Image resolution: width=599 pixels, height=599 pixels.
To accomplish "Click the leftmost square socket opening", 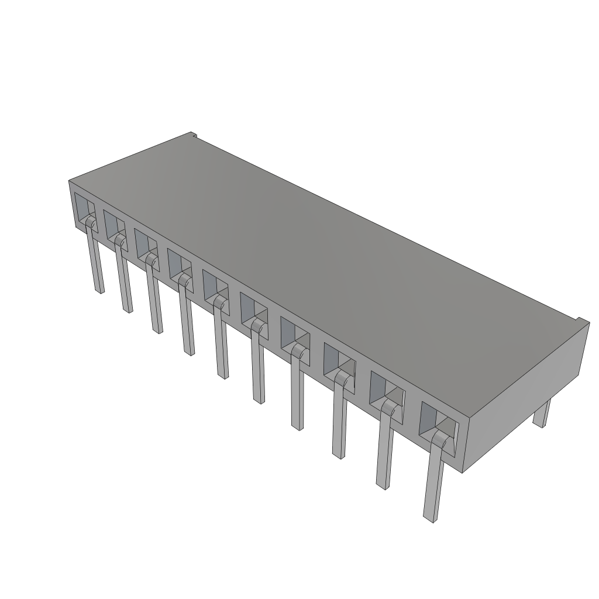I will pos(84,208).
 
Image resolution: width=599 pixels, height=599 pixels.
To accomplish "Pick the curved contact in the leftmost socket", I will pos(89,223).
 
